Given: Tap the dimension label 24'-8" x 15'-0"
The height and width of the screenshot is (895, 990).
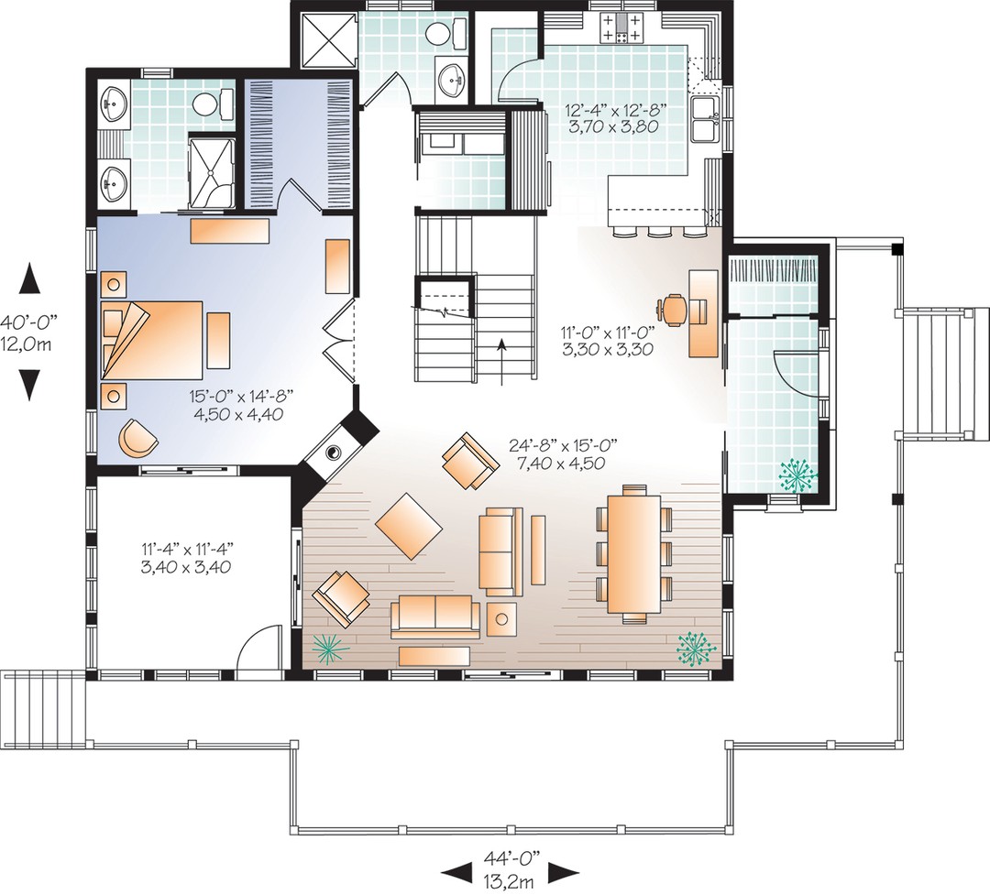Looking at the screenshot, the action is (x=563, y=445).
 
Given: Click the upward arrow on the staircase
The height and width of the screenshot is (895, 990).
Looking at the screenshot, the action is (x=502, y=361).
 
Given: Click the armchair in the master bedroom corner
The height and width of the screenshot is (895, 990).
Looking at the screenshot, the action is (x=137, y=438).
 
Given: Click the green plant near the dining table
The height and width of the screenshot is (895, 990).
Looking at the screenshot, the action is (x=697, y=649).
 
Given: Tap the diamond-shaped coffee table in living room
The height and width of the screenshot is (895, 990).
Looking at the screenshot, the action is (x=409, y=527).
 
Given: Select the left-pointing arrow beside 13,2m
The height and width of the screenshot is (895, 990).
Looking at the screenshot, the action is (x=456, y=874).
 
